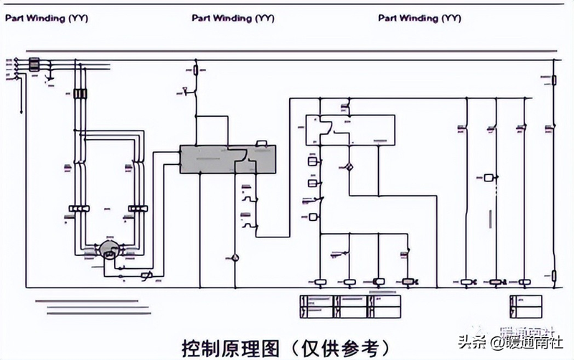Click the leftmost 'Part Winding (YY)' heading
[46, 19]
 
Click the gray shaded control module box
[226, 158]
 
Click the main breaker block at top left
[33, 65]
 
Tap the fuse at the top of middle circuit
[197, 70]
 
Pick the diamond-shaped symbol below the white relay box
[349, 166]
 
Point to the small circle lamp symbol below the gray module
[233, 255]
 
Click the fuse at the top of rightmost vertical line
[553, 81]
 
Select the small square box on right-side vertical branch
[489, 176]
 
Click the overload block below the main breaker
[80, 94]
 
